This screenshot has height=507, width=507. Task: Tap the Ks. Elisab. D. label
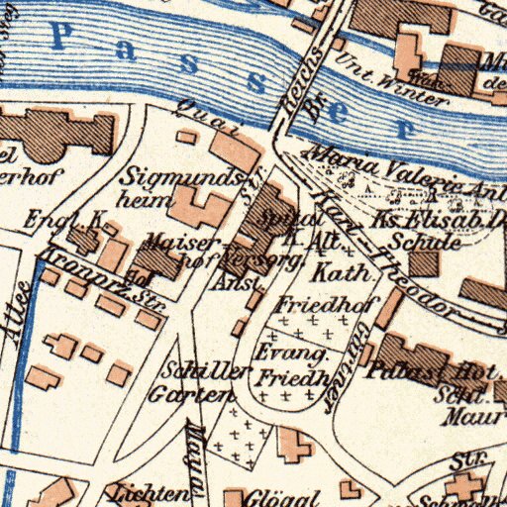point(440,220)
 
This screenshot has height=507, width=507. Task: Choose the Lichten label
point(150,494)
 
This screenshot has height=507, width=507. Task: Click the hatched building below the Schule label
point(424,262)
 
